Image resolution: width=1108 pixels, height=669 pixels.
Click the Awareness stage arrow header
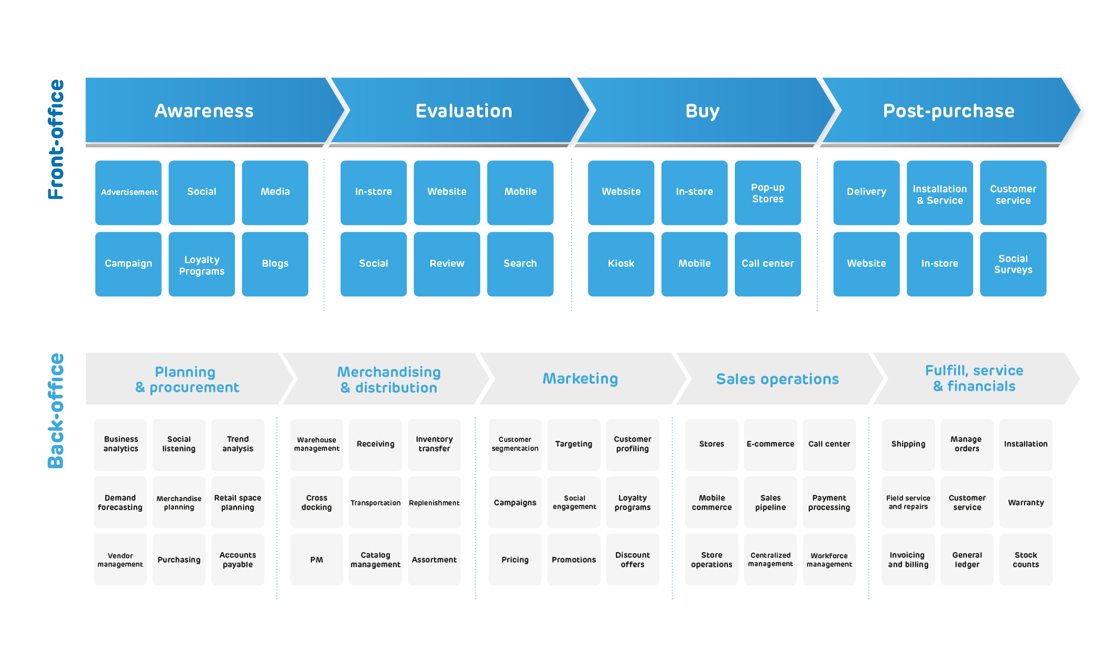tap(210, 111)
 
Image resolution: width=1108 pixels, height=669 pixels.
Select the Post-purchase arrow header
tap(949, 111)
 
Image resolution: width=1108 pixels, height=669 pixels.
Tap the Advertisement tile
tap(128, 192)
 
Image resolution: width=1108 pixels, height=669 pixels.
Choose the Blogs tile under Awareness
tap(275, 264)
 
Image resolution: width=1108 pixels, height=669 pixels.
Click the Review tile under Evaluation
tap(447, 264)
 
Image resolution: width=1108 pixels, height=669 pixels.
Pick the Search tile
tap(520, 264)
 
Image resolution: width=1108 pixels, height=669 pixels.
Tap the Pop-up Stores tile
tap(768, 192)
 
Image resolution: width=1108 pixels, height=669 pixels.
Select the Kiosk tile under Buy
tap(621, 264)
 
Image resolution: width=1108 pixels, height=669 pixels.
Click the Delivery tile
tap(866, 192)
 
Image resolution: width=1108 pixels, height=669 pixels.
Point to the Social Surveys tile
tap(1013, 264)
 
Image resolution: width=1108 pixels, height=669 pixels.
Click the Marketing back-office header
tap(581, 379)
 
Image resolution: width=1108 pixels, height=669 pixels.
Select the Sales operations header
tap(778, 379)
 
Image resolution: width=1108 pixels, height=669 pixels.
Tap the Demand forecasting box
tap(120, 502)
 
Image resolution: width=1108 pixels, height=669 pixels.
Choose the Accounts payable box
tap(237, 559)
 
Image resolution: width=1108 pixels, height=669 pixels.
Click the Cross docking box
tap(317, 502)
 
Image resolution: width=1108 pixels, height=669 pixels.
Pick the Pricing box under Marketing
tap(515, 559)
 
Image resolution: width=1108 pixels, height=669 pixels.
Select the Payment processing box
tap(829, 502)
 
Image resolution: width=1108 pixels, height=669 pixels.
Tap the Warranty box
tap(1026, 502)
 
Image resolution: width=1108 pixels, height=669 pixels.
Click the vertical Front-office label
tap(56, 139)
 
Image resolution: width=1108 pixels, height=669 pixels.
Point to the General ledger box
tap(967, 559)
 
